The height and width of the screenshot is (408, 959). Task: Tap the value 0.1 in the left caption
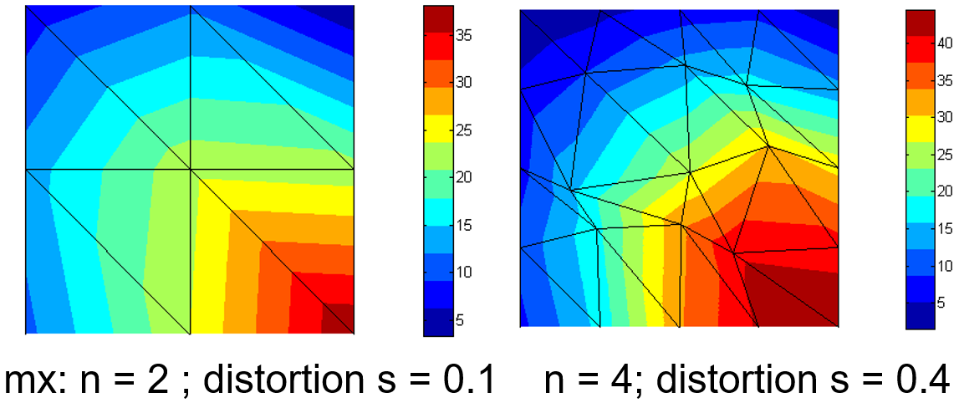tap(470, 380)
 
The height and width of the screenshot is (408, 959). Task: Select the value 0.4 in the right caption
tap(924, 380)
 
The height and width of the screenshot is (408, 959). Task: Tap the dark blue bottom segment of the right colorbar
tap(918, 316)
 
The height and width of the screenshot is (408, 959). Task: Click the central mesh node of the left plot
tap(191, 170)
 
